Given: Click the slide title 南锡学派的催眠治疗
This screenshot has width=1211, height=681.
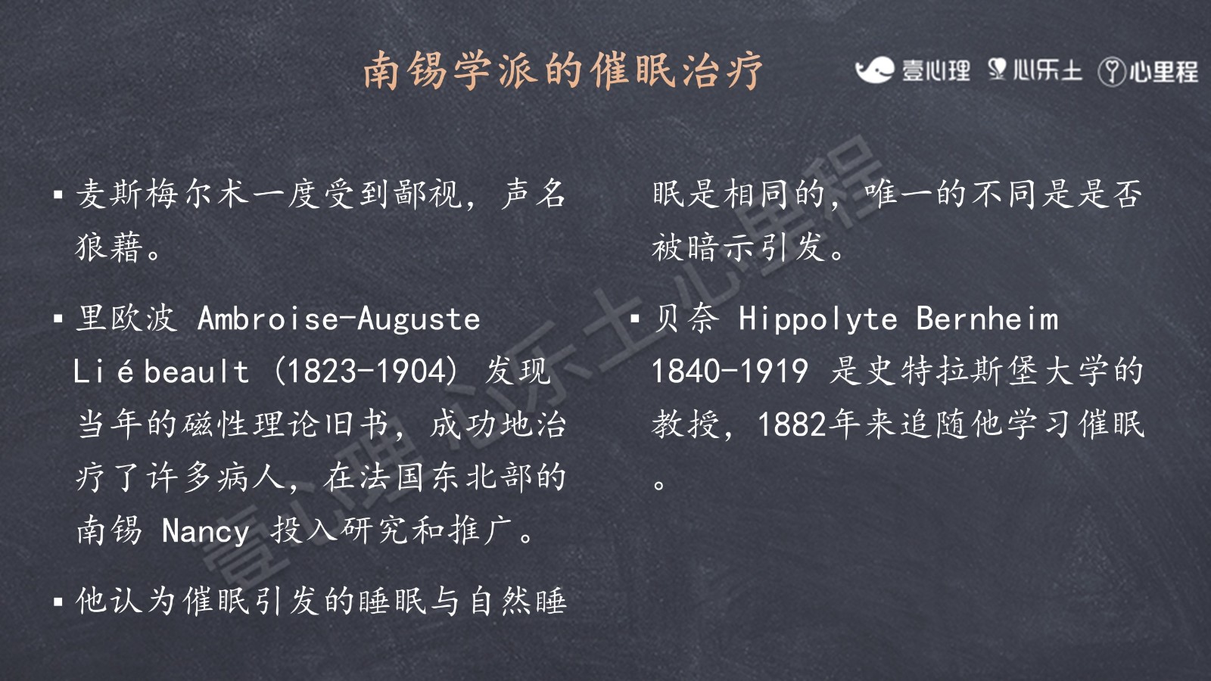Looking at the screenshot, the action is pyautogui.click(x=563, y=70).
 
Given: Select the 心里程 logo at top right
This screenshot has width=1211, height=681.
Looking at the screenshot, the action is pyautogui.click(x=1148, y=71).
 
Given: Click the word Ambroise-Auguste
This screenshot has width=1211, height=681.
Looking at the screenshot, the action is pyautogui.click(x=338, y=319).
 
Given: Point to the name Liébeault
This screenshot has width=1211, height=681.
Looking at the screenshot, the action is pyautogui.click(x=161, y=372).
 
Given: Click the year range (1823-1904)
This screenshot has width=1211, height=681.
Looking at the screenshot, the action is pyautogui.click(x=367, y=372).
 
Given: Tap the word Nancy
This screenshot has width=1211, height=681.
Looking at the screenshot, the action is pyautogui.click(x=205, y=532).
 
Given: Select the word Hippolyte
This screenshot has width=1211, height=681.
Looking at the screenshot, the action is pyautogui.click(x=818, y=319).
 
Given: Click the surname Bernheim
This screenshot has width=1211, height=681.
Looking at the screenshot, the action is pyautogui.click(x=987, y=319).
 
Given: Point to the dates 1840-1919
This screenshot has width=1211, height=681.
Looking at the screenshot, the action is pyautogui.click(x=730, y=372).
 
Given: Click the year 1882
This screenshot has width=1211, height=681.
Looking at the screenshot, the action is pyautogui.click(x=792, y=424).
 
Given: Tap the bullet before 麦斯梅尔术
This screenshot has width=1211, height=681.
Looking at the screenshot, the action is pyautogui.click(x=58, y=194).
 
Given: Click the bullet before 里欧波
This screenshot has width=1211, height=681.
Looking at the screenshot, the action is pyautogui.click(x=58, y=319).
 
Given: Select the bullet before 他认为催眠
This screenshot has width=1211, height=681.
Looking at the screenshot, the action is pyautogui.click(x=58, y=602).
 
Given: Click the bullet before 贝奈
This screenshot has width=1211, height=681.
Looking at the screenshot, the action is pyautogui.click(x=635, y=319).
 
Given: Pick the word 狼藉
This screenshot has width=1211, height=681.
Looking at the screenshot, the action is pyautogui.click(x=109, y=247).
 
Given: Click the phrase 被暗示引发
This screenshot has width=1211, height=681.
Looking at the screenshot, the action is pyautogui.click(x=738, y=247).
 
